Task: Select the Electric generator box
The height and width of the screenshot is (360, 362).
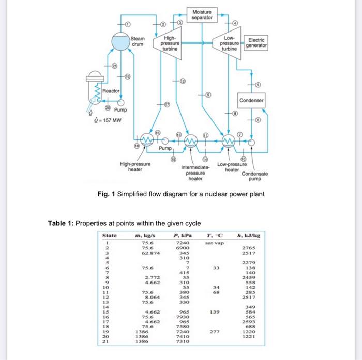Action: pyautogui.click(x=257, y=43)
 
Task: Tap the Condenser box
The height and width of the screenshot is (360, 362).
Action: pyautogui.click(x=252, y=100)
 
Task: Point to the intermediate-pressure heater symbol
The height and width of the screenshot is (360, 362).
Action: pyautogui.click(x=191, y=140)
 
